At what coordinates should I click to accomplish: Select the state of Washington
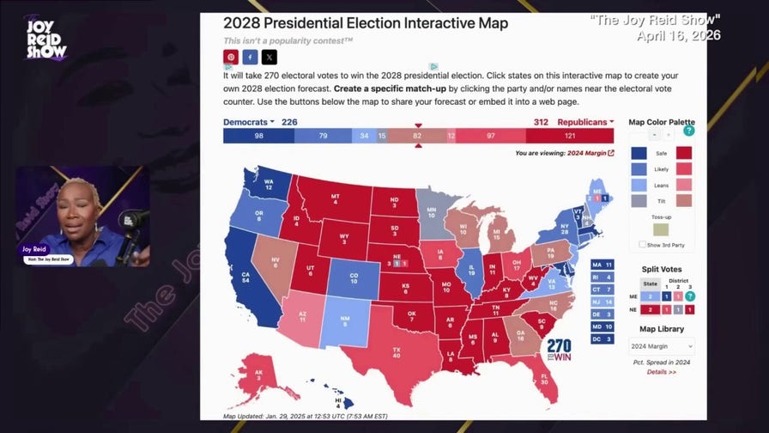(x=268, y=184)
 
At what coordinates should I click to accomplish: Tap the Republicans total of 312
(x=541, y=122)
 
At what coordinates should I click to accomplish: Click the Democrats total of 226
(x=289, y=122)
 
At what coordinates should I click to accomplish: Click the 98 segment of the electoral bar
(x=257, y=136)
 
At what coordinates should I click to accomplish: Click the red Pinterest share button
(x=230, y=58)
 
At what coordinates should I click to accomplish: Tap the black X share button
(x=269, y=58)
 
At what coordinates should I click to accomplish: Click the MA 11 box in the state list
(x=602, y=265)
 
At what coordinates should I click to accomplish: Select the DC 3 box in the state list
(x=602, y=339)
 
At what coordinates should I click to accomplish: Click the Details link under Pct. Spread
(x=662, y=372)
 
